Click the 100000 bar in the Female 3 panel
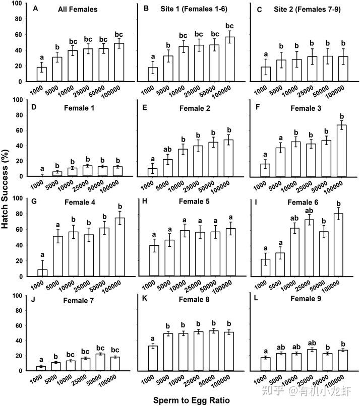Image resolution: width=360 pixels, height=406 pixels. coord(342,151)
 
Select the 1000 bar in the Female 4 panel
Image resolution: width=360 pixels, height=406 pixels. coord(42,273)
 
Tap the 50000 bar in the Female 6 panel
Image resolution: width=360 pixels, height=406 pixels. coord(324,254)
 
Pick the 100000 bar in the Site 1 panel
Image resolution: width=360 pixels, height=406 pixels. coord(229,59)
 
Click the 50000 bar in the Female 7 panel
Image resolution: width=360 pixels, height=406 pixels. coord(100,362)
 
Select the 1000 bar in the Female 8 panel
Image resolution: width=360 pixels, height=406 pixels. coord(153,358)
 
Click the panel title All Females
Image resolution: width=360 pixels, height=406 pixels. coord(78,10)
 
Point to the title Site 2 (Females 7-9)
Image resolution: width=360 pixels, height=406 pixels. coord(307,10)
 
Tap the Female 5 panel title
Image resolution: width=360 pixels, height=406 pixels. coord(194,201)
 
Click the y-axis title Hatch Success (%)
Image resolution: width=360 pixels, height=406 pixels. coord(5,189)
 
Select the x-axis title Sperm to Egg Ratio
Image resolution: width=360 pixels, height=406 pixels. coord(192,400)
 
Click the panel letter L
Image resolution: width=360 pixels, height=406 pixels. coord(256,298)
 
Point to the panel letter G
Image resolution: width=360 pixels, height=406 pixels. coord(34,201)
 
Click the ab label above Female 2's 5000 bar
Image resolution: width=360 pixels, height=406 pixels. coord(167,150)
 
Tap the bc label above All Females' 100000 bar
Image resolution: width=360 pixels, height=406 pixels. coord(118,34)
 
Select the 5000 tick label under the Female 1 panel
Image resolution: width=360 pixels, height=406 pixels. coord(51,185)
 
